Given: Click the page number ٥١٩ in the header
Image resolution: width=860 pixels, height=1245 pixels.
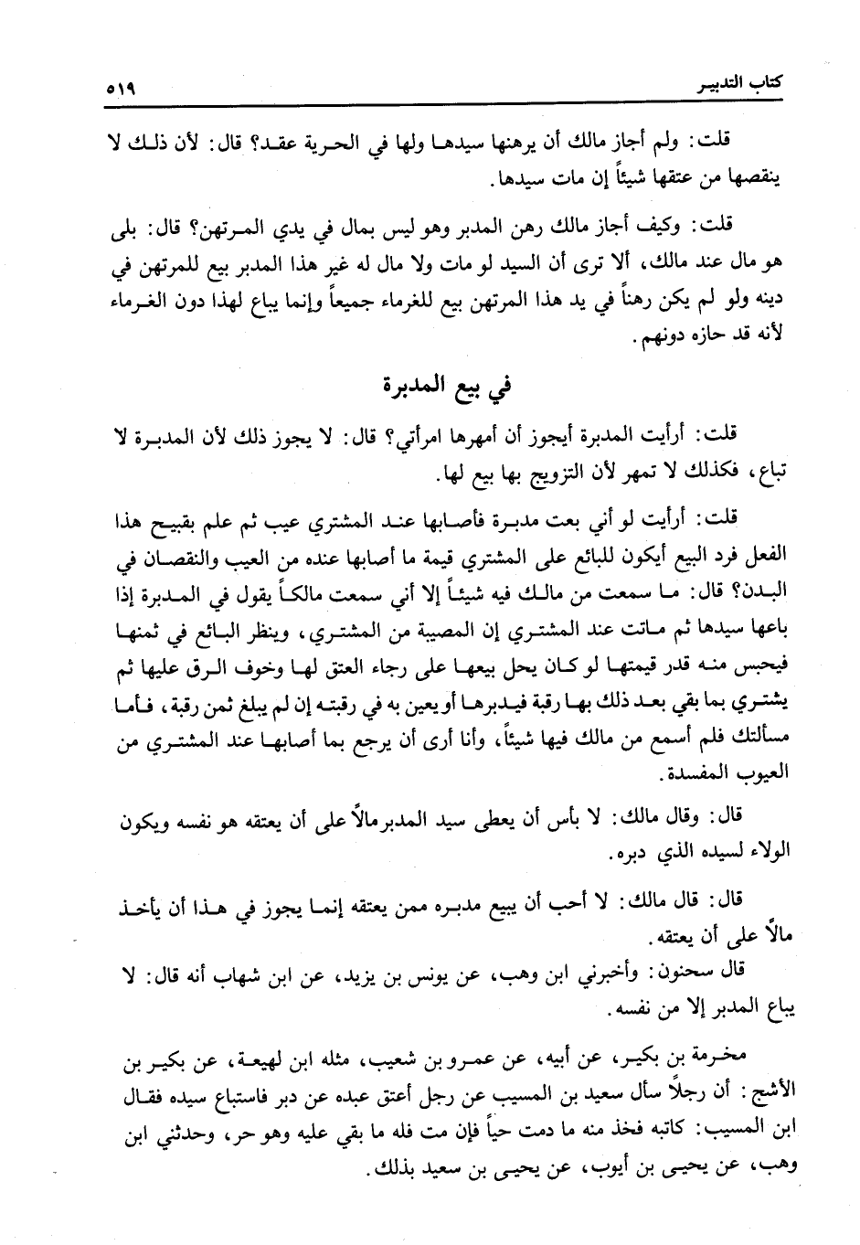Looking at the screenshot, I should (115, 90).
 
